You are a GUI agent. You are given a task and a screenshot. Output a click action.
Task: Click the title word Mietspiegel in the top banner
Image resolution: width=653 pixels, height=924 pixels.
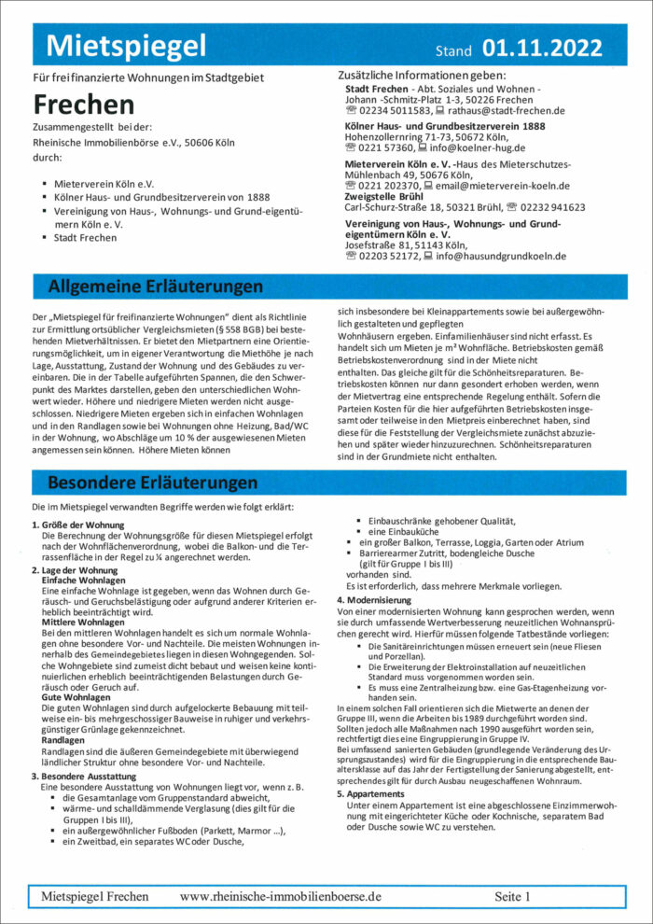tap(126, 45)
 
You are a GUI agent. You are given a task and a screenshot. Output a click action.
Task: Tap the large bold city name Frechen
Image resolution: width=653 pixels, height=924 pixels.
tap(84, 104)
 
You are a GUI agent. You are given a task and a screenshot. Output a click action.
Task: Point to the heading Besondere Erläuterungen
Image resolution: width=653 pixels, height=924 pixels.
tap(152, 483)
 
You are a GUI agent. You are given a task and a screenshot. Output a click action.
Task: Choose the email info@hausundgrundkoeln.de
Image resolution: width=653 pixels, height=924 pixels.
tap(501, 256)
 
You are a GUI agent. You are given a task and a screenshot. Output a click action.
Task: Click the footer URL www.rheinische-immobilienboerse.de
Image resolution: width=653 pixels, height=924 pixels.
tap(281, 896)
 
